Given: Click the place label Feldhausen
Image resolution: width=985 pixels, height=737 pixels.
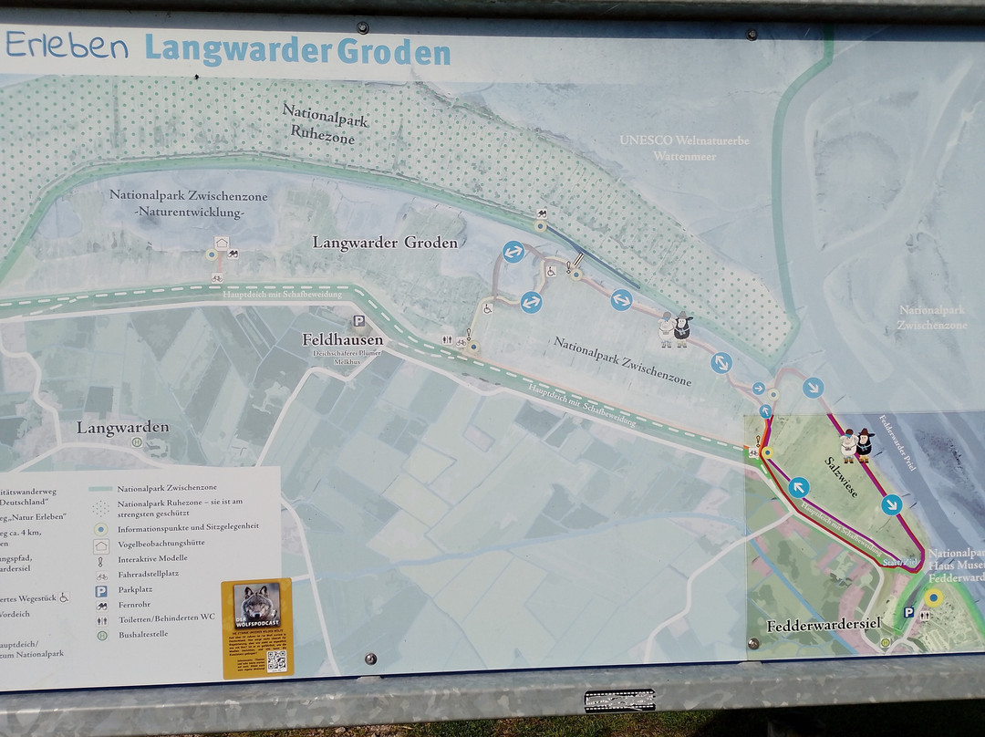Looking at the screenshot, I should [x=342, y=339].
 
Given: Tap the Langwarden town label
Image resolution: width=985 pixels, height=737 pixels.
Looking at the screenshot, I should [x=122, y=427].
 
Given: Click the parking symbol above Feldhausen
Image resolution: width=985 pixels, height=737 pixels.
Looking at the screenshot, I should [x=359, y=320].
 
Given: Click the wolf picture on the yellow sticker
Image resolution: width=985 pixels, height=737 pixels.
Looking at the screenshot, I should [x=256, y=603].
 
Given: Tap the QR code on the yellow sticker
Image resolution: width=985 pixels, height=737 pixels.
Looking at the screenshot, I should [x=276, y=660].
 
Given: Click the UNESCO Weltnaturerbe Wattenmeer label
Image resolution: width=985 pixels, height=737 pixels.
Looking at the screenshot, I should [x=684, y=148].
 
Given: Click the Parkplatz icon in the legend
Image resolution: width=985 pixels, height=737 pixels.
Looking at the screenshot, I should [x=101, y=589].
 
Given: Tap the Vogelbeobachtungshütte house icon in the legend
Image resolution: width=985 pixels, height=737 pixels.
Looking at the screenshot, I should [x=101, y=544].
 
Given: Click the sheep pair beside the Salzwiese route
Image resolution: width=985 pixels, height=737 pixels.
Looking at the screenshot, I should [x=856, y=445].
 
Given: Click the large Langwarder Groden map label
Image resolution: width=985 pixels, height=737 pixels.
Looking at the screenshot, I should [x=384, y=243].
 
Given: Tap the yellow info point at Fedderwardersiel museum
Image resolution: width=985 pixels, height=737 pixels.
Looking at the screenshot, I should [x=932, y=597].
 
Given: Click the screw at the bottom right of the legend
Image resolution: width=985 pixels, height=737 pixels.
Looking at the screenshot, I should [x=370, y=659].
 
